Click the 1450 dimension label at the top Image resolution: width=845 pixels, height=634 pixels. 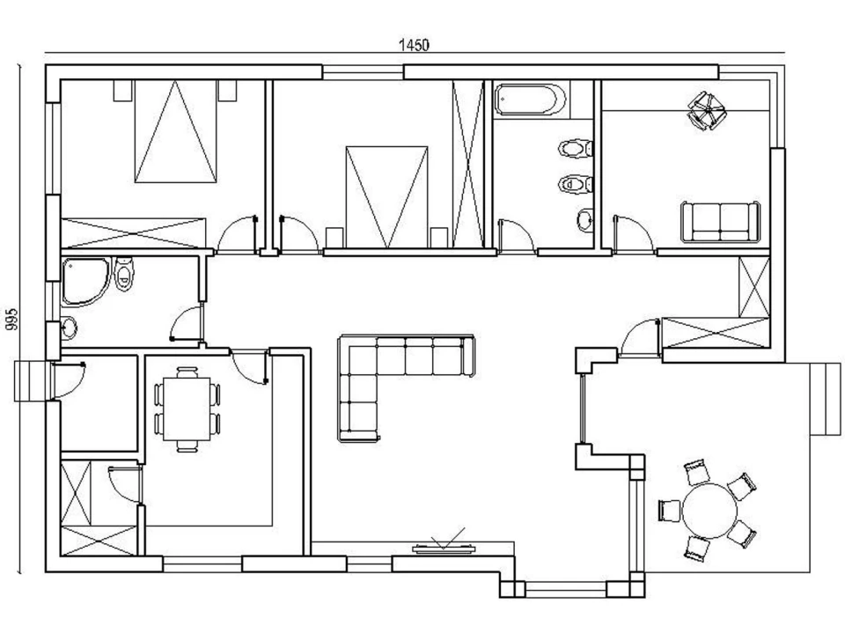[x=414, y=45]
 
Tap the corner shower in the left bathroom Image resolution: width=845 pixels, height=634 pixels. [x=83, y=281]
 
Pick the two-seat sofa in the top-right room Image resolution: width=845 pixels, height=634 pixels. [x=720, y=221]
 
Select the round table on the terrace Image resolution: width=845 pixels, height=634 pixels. [x=709, y=510]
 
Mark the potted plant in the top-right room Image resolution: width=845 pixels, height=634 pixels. [x=705, y=111]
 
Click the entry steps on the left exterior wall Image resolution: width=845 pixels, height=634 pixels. [x=30, y=380]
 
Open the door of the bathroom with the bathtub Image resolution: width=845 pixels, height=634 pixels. [x=514, y=236]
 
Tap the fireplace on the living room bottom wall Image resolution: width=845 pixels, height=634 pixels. [x=446, y=547]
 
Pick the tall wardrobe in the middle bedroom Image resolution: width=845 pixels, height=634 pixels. [x=468, y=164]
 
